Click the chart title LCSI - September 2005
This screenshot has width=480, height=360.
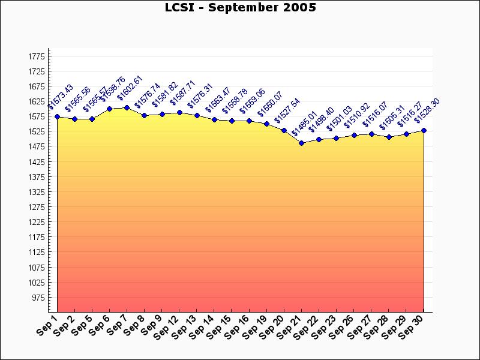(x=240, y=8)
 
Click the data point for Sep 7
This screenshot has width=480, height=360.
(x=127, y=108)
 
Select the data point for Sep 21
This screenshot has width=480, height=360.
(x=301, y=143)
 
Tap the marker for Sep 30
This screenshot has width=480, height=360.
(x=424, y=130)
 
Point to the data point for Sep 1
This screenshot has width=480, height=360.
(x=57, y=116)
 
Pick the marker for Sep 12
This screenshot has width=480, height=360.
(x=179, y=112)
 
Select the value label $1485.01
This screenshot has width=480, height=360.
(x=304, y=124)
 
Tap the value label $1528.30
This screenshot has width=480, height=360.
(x=427, y=110)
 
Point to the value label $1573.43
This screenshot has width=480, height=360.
(x=60, y=97)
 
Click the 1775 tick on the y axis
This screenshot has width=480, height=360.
(x=37, y=56)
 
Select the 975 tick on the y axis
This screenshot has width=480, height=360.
(x=38, y=298)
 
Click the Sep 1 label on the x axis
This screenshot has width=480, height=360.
(x=46, y=325)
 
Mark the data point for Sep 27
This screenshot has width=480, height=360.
(x=371, y=134)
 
